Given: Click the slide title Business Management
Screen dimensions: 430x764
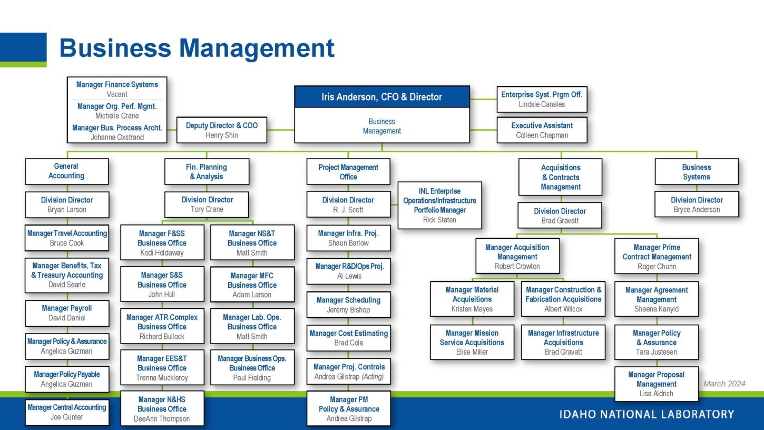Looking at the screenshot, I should click(197, 48).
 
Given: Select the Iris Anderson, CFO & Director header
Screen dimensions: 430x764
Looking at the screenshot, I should click(381, 97).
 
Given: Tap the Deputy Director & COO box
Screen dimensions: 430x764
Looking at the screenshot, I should click(222, 130).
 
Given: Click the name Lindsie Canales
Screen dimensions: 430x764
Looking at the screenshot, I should click(542, 104).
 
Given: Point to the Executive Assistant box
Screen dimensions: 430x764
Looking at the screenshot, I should click(542, 130).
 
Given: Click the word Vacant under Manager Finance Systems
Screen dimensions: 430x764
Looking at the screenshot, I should click(117, 94).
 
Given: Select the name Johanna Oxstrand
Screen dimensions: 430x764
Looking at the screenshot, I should click(117, 138).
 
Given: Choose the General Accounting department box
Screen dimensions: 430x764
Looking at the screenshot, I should click(66, 171).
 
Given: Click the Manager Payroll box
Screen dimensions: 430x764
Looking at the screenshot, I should click(66, 313).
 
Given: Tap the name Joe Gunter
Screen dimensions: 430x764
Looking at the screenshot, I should click(66, 417).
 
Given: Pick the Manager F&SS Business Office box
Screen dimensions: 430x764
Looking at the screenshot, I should click(162, 243).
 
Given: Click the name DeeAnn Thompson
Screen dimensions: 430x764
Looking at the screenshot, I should click(162, 419).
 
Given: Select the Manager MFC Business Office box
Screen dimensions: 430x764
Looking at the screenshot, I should click(252, 285).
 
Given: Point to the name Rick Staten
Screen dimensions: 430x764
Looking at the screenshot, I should click(439, 220).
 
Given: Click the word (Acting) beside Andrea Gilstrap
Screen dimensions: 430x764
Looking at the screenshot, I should click(373, 377).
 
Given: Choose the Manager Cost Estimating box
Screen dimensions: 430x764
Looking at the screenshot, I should click(348, 338).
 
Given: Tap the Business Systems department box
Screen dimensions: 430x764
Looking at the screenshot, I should click(696, 172).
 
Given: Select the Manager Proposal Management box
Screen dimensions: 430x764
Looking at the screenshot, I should click(656, 384).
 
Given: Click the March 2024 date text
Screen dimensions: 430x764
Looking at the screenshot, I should click(724, 384).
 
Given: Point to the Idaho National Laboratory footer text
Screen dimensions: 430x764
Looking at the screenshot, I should click(647, 414).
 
